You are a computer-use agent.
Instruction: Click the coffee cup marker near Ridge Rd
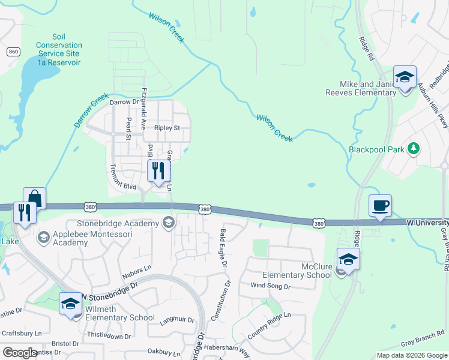[x=380, y=206]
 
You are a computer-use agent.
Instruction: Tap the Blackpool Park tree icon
[x=412, y=148]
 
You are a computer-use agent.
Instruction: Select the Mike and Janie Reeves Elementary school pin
[x=405, y=77]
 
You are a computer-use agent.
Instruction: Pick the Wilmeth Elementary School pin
[x=70, y=304]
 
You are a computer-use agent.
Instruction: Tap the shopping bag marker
[x=35, y=198]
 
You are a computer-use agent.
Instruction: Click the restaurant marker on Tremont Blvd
[x=158, y=171]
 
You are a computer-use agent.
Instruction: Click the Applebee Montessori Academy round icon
[x=43, y=238]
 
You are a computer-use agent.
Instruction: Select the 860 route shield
[x=14, y=52]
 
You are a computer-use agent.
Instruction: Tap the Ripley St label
[x=167, y=128]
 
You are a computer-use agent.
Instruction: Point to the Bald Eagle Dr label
[x=223, y=247]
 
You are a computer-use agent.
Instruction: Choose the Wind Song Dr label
[x=270, y=286]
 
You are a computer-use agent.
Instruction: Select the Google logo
[x=20, y=353]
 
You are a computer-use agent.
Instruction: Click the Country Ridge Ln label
[x=268, y=326]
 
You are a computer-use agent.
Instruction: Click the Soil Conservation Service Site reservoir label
[x=58, y=49]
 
